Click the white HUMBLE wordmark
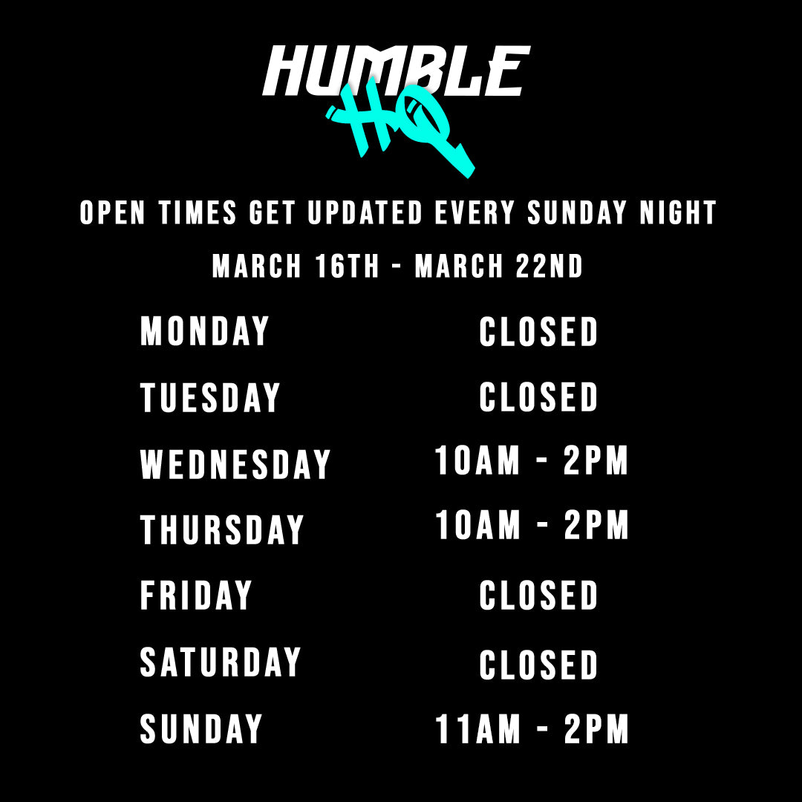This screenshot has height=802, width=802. click(397, 71)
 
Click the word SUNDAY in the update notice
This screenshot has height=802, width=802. click(577, 212)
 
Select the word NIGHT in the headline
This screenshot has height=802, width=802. click(678, 212)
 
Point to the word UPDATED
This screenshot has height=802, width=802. click(365, 212)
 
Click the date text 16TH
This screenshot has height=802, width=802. click(347, 266)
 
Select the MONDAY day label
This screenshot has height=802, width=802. click(205, 331)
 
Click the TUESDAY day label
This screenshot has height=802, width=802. click(210, 397)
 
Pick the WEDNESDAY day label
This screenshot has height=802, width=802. click(235, 464)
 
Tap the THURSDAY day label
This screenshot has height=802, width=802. click(222, 530)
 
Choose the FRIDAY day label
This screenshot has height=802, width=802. click(196, 595)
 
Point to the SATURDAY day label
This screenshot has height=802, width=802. click(221, 662)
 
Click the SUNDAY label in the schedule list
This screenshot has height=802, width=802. click(201, 728)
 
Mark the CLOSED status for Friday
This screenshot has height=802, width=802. click(538, 595)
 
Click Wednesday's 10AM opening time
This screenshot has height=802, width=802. click(477, 460)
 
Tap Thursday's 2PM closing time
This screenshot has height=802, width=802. click(596, 525)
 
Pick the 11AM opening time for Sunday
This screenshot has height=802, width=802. click(477, 729)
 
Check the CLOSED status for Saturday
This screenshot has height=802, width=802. click(538, 665)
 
